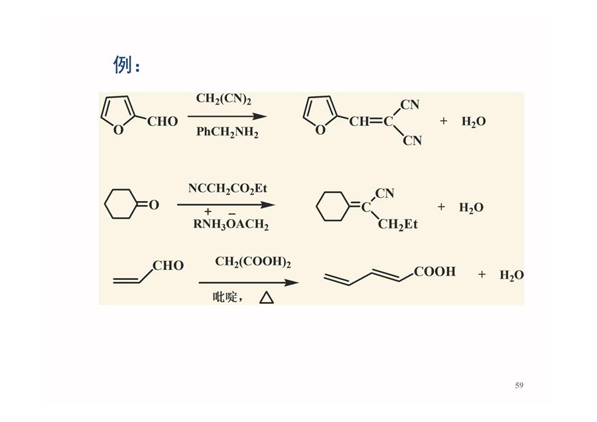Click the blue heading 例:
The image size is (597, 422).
[x=127, y=64]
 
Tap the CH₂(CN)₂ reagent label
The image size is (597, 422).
[x=224, y=99]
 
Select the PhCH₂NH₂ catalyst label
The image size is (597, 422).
[x=228, y=132]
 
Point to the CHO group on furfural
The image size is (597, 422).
[x=163, y=121]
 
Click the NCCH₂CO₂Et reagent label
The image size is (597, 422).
[x=228, y=188]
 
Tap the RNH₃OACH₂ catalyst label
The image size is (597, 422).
[x=231, y=224]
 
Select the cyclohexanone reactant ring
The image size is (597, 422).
[x=121, y=204]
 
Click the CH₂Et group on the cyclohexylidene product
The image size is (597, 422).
[x=397, y=225]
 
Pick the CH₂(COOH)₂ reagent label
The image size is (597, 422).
[x=253, y=262]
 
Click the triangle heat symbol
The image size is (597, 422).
[x=267, y=297]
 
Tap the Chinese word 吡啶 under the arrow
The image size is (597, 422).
[x=225, y=297]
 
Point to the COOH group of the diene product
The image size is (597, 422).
[x=434, y=271]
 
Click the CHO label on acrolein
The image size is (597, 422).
[x=168, y=265]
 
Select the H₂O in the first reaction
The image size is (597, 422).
[x=474, y=122]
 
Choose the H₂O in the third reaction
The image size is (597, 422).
[x=511, y=275]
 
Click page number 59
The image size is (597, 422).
[x=519, y=386]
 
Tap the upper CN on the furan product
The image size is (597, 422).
[x=410, y=105]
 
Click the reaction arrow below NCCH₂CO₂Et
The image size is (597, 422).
[x=226, y=205]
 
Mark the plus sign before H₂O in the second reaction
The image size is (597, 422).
[x=441, y=207]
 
